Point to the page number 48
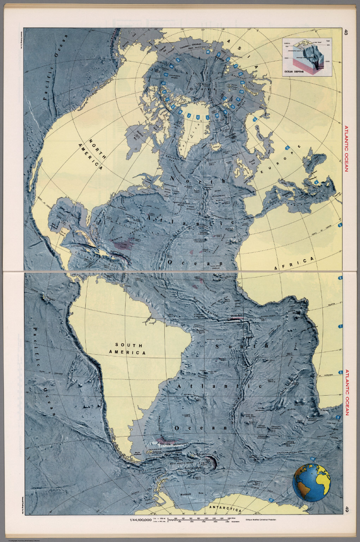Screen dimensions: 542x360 [x=347, y=32]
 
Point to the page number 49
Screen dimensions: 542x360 [x=347, y=510]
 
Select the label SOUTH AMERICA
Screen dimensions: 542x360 [x=128, y=349]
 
